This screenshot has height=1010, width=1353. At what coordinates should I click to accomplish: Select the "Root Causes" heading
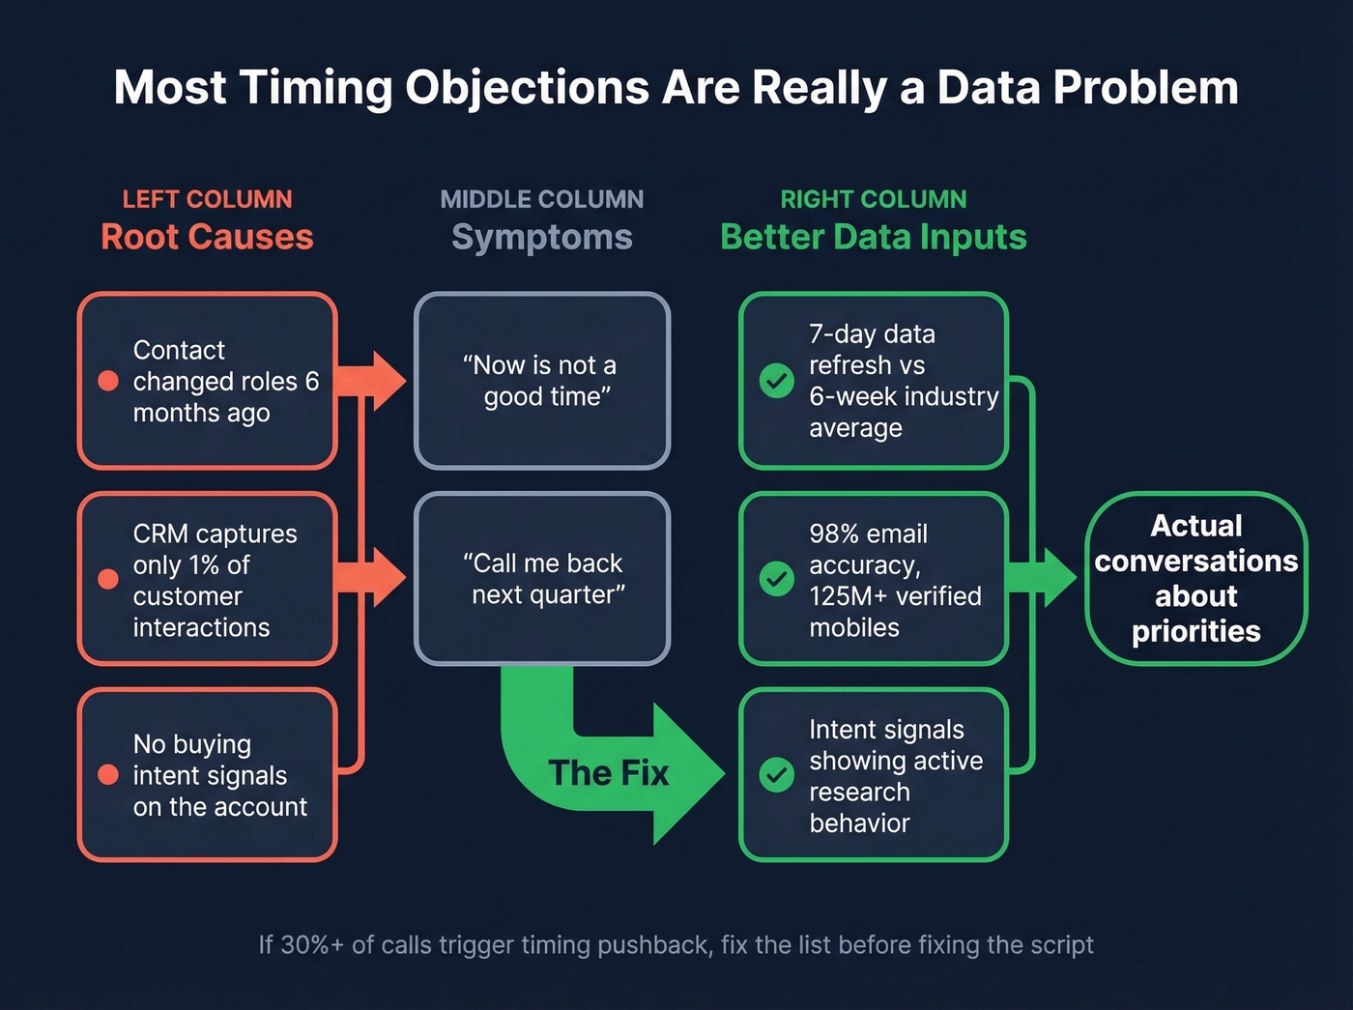[x=207, y=237]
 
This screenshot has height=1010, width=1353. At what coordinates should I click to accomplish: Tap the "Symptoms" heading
[x=541, y=237]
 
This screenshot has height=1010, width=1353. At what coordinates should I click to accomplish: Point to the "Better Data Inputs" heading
[x=873, y=237]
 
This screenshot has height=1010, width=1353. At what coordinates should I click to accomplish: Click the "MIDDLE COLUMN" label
[x=541, y=199]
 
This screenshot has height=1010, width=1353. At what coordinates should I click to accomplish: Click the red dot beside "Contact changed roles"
[x=108, y=381]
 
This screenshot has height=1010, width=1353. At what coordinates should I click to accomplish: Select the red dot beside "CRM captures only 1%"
[x=108, y=579]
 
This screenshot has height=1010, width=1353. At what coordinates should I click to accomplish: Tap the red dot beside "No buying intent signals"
[x=108, y=774]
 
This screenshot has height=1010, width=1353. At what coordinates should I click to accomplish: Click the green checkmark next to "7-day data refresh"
[x=776, y=381]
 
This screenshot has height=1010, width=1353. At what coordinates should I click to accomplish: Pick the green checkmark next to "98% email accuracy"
[x=776, y=579]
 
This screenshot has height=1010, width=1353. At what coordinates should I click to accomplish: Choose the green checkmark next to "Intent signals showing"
[x=776, y=774]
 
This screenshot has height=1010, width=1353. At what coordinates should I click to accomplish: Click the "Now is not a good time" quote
[x=541, y=381]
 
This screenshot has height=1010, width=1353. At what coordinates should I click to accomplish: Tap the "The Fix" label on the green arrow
[x=608, y=773]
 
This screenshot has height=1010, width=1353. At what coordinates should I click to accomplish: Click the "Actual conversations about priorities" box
[x=1195, y=578]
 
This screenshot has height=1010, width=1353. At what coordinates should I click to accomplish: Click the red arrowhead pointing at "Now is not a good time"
[x=388, y=381]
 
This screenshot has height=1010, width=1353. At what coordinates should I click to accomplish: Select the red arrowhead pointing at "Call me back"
[x=388, y=578]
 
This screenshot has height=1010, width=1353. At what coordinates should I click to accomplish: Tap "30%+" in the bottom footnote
[x=311, y=944]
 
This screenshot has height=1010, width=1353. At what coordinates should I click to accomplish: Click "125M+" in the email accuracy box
[x=850, y=596]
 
